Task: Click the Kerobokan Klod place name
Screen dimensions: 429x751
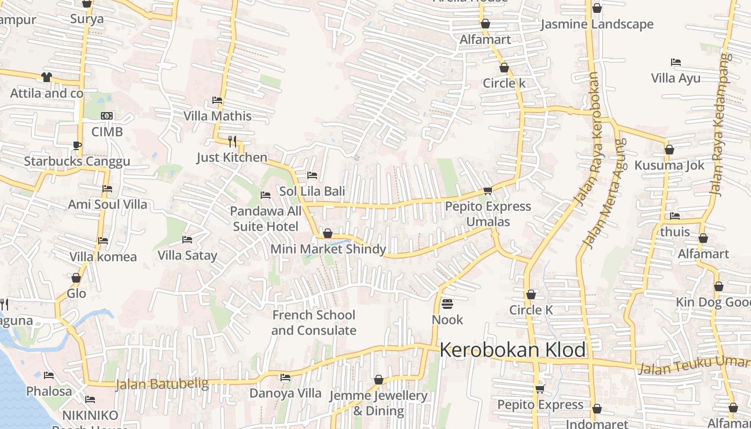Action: coord(513,350)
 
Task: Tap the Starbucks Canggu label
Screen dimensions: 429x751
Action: coord(77,161)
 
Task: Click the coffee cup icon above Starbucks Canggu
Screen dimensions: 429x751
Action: coord(77,145)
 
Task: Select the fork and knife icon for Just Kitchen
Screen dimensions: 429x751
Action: coord(232,141)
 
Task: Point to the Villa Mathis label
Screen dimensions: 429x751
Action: coord(217,116)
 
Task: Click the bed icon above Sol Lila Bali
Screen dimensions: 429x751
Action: coord(312,175)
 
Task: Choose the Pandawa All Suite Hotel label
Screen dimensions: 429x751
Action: coord(266,219)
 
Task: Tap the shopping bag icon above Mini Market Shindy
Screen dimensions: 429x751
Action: coord(327,234)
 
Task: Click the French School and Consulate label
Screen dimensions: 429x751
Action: coord(314,322)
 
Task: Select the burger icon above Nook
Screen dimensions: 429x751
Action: coord(447,304)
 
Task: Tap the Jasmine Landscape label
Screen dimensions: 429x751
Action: coord(597,24)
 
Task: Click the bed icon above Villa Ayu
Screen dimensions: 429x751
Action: coord(676,62)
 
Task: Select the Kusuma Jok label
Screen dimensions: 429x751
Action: coord(669,165)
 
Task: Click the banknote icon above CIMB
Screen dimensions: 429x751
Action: coord(107,116)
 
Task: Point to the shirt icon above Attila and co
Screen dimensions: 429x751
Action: coord(47,77)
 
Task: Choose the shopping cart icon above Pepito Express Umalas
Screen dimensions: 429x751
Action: coord(488,190)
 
